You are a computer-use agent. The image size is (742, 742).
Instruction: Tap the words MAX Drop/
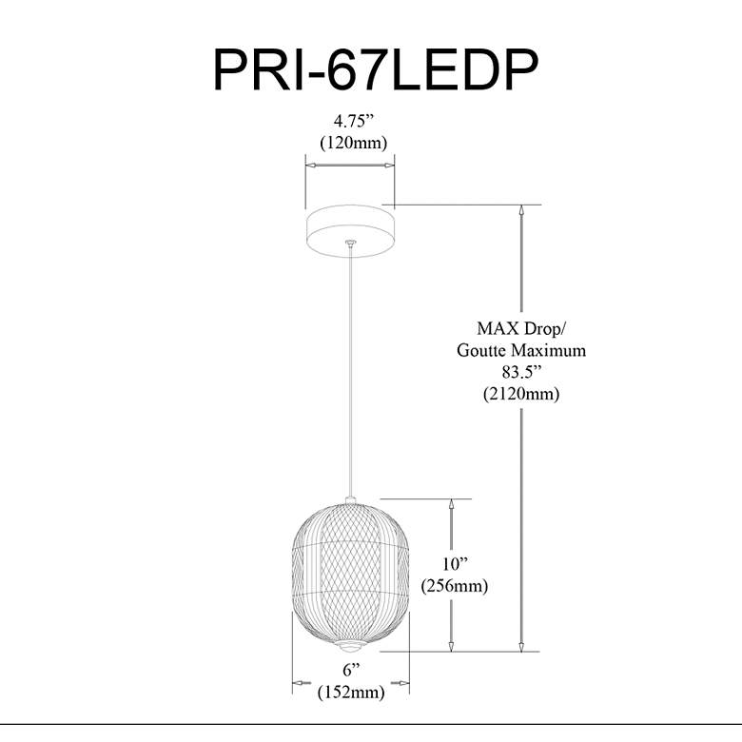[520, 329]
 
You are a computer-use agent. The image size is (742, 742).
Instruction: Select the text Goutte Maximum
[520, 350]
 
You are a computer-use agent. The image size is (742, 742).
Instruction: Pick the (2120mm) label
[520, 393]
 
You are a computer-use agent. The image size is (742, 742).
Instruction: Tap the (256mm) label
[454, 586]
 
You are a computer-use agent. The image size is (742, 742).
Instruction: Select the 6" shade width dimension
[350, 672]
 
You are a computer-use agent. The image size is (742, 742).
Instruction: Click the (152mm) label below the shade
[351, 693]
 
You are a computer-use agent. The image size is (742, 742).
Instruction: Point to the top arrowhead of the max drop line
[521, 211]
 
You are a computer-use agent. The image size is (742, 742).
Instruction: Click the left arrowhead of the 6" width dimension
[298, 681]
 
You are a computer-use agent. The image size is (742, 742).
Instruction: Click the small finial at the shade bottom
[352, 646]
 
